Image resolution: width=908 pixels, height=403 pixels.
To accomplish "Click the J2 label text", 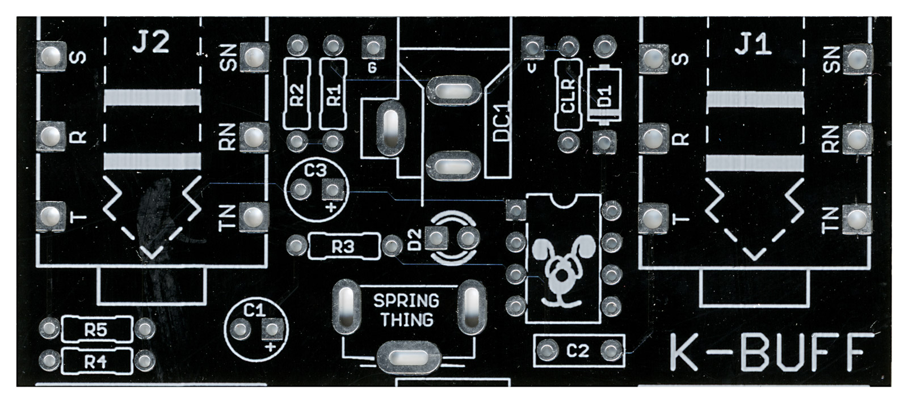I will pyautogui.click(x=152, y=43).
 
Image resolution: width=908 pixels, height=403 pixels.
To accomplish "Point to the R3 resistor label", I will pyautogui.click(x=343, y=247).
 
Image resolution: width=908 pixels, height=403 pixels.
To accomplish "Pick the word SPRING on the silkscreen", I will pyautogui.click(x=406, y=300).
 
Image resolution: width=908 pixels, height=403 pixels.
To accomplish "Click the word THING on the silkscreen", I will pyautogui.click(x=406, y=320).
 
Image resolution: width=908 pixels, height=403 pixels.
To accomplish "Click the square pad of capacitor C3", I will pyautogui.click(x=333, y=189).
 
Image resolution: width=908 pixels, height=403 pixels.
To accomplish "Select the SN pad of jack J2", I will pyautogui.click(x=254, y=56).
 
